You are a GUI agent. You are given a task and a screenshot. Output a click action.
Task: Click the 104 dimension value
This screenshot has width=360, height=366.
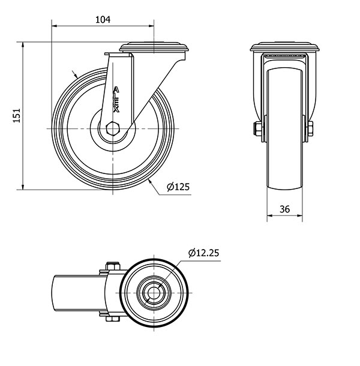tap(103, 20)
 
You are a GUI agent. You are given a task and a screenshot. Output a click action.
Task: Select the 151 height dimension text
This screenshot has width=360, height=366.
tap(17, 115)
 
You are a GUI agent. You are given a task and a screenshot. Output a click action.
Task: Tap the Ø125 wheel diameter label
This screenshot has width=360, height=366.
tap(178, 187)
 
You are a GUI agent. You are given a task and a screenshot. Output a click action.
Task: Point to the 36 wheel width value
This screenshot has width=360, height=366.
tap(284, 209)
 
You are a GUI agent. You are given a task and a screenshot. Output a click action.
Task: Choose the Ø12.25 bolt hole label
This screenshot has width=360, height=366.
tap(204, 253)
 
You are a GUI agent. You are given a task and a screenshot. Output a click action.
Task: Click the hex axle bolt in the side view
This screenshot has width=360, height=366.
tap(113, 128)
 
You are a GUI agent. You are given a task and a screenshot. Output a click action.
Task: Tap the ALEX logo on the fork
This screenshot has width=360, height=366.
tap(116, 100)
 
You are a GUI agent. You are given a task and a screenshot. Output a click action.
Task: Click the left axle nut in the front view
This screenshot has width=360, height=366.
tap(256, 128)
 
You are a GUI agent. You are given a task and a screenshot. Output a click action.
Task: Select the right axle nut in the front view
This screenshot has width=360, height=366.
tap(310, 128)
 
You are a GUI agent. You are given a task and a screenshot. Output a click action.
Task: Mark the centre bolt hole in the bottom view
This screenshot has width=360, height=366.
tap(154, 292)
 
